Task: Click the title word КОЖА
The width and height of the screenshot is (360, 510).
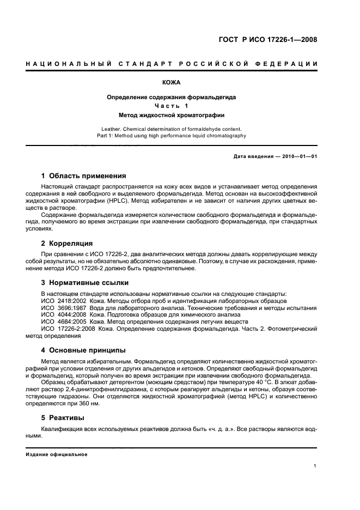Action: [x=171, y=84]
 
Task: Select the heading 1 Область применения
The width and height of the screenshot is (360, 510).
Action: [x=84, y=176]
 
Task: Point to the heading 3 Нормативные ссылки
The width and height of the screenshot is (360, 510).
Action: [x=85, y=283]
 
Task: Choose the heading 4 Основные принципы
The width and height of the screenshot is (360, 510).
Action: [x=83, y=350]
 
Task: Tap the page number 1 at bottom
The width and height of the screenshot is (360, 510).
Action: [x=315, y=465]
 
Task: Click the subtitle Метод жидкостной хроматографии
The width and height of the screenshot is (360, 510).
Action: [x=172, y=115]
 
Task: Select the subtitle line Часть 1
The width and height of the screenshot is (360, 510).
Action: [x=171, y=106]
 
